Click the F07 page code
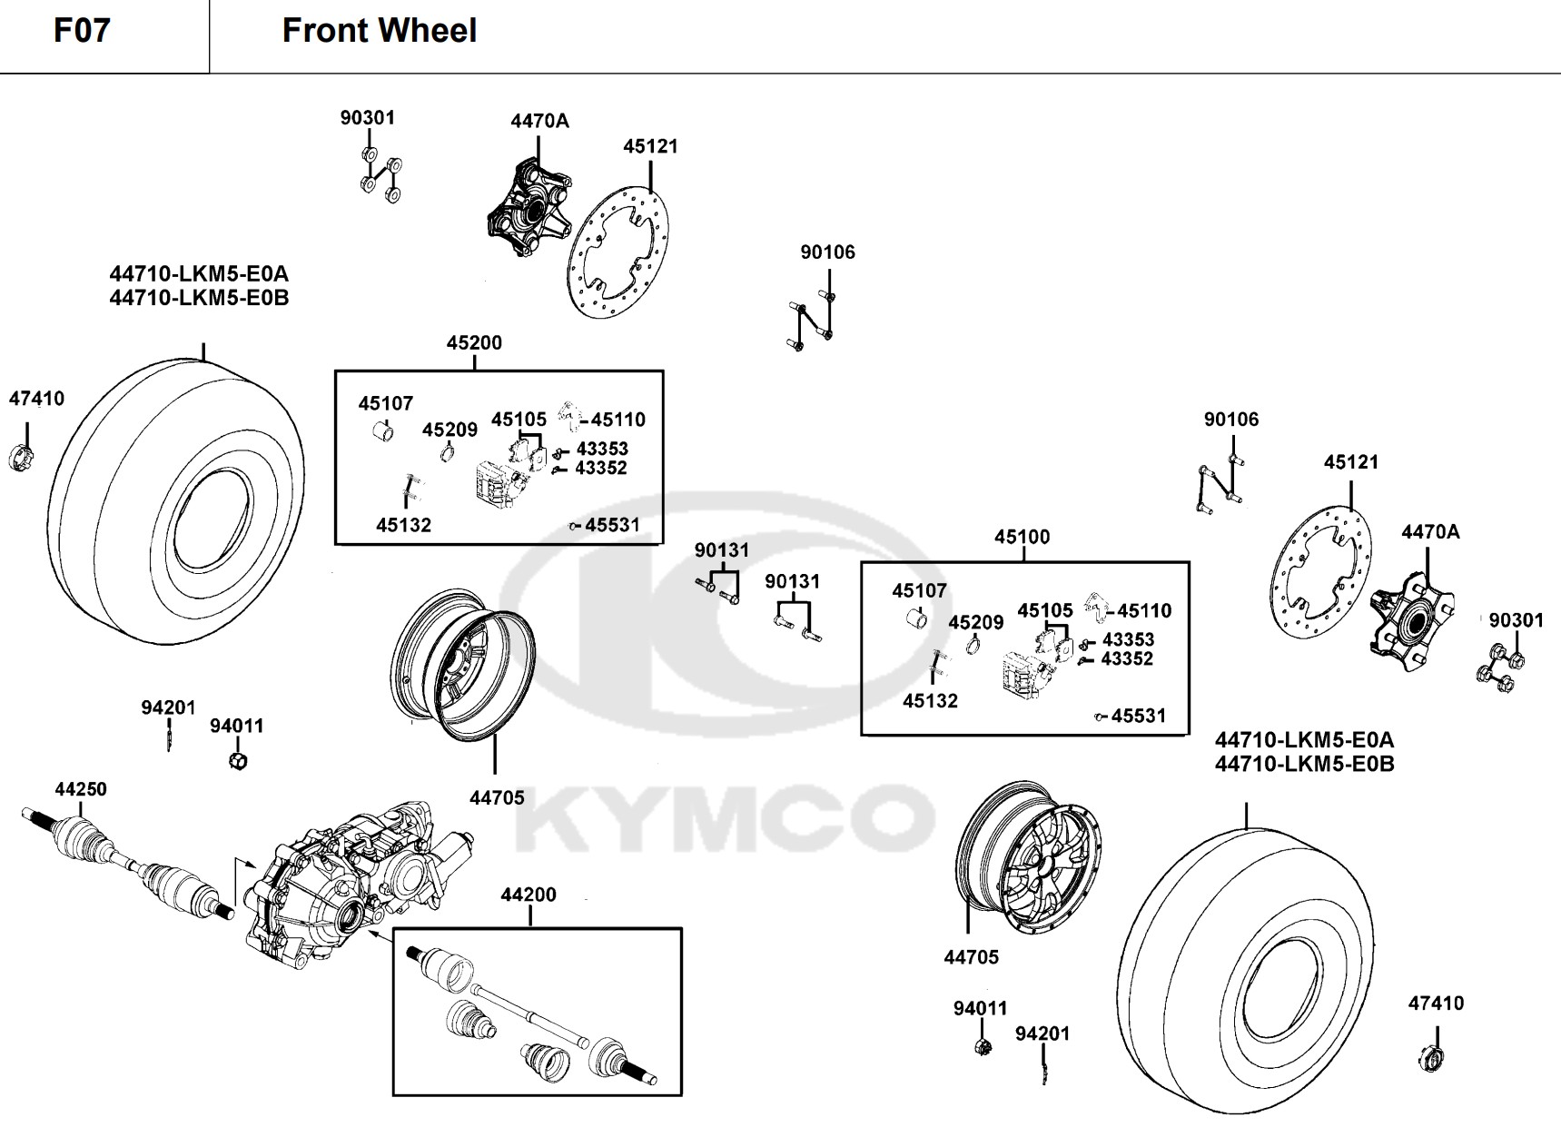coord(82,30)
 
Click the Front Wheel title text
coord(380,31)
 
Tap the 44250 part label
coord(81,789)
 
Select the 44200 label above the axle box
coord(529,895)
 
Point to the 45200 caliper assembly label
coord(474,342)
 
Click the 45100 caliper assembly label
coord(1022,537)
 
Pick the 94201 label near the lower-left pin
coord(168,707)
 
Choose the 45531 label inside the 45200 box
coord(612,525)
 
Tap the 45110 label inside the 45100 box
coord(1144,611)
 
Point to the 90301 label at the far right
coord(1517,620)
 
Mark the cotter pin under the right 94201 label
coord(1043,1070)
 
